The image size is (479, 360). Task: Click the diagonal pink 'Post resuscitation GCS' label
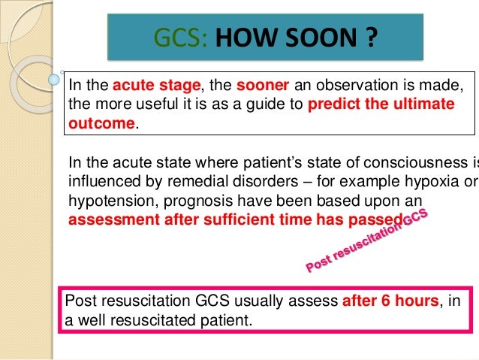pos(367,240)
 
